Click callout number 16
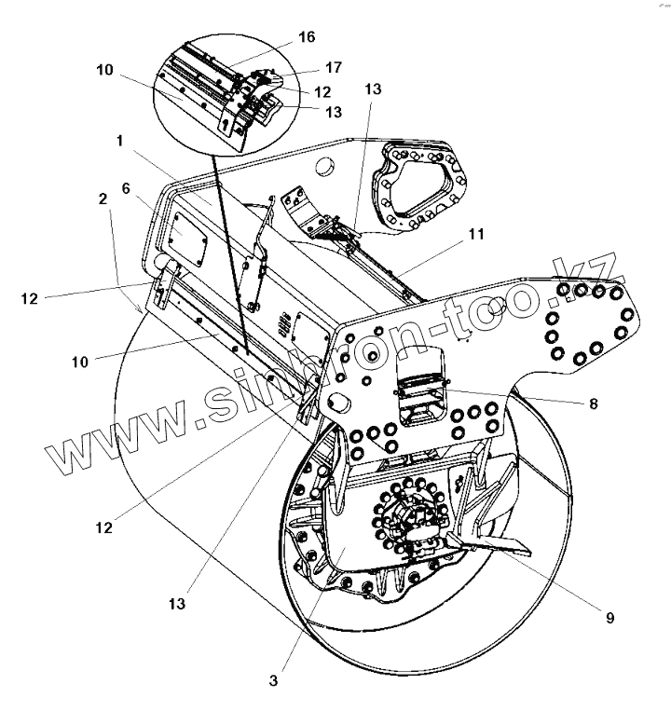[307, 37]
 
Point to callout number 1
[120, 141]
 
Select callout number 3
[273, 680]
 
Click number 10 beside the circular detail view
[104, 69]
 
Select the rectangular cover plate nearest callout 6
[192, 238]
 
